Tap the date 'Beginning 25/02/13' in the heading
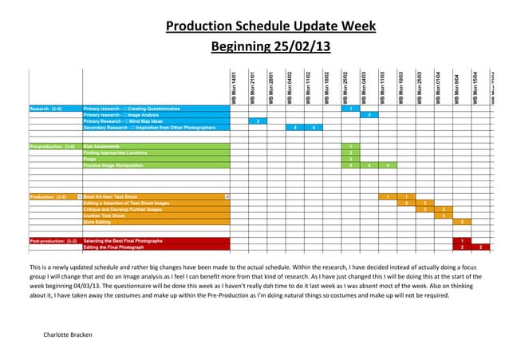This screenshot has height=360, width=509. click(x=270, y=47)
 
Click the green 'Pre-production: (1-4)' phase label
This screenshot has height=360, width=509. click(x=52, y=147)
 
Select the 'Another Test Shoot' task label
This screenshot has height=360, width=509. click(x=107, y=216)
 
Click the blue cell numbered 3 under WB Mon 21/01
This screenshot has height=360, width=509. click(x=257, y=121)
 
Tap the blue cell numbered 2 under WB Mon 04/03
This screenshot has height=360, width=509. click(x=369, y=115)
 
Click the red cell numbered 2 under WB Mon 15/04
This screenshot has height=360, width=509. click(x=480, y=247)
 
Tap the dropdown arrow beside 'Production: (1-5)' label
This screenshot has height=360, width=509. click(x=80, y=196)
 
